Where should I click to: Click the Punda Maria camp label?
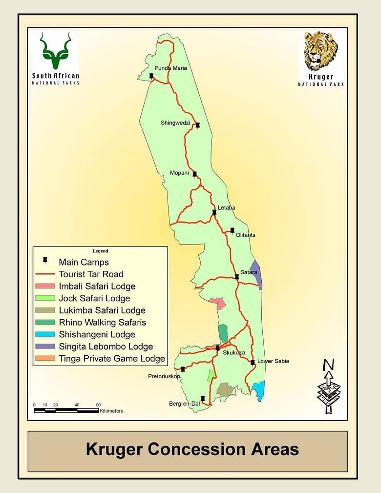pos(170,68)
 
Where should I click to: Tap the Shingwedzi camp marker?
pos(198,125)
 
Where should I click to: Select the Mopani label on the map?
pos(179,173)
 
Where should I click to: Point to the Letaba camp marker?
pos(214,212)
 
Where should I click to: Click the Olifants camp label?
pos(245,235)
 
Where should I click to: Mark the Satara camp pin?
pos(237,277)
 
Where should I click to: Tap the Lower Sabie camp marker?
pos(253,362)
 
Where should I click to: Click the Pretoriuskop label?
pos(164,376)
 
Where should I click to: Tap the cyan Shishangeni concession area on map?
pos(258,390)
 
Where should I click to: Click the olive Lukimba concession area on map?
pos(225,390)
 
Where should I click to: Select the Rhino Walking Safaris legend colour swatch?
pos(44,322)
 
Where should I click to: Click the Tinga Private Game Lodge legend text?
pos(112,359)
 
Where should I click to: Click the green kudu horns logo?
pos(56,51)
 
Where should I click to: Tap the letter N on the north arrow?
pos(329,365)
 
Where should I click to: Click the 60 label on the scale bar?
pos(98,405)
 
